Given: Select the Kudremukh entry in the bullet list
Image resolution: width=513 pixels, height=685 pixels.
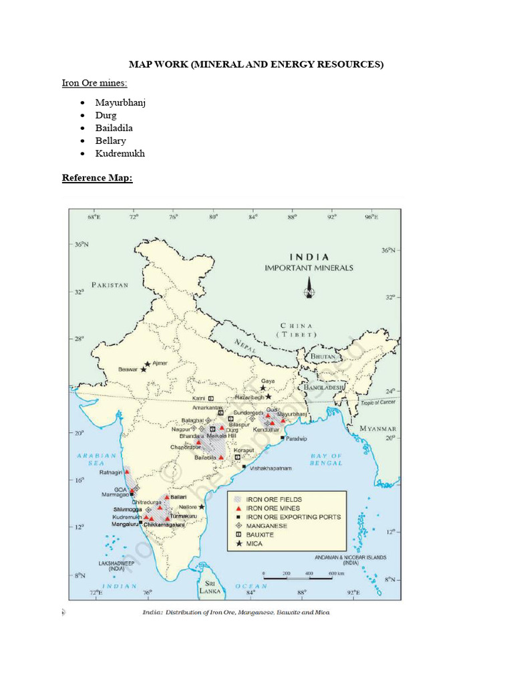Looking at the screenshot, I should coord(120,153).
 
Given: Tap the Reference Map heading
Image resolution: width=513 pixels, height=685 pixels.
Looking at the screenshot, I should coord(98,178).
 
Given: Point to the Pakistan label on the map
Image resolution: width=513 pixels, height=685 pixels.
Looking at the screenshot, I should coord(110,285).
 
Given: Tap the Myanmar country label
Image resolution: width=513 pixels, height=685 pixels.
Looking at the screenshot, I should coord(378,429).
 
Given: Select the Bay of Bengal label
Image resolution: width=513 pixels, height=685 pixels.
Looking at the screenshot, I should coord(327,460).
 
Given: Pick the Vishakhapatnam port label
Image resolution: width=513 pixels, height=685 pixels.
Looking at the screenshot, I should coord(271,468).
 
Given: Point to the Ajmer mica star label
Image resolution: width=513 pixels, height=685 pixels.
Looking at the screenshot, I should coord(160,363).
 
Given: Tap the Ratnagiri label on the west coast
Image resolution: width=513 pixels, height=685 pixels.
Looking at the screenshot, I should coord(110,472).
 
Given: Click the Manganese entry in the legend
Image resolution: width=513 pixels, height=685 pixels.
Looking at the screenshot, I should coord(267,526).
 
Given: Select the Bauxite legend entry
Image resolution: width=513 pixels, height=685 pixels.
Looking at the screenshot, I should coord(261,534).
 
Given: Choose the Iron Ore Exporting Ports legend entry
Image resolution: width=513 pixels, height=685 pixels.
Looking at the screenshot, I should coord(293,516).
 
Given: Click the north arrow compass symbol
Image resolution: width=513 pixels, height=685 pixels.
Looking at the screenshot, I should coord(309,290).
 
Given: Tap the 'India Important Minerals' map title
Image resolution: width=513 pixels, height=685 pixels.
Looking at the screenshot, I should coord(309,262).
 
